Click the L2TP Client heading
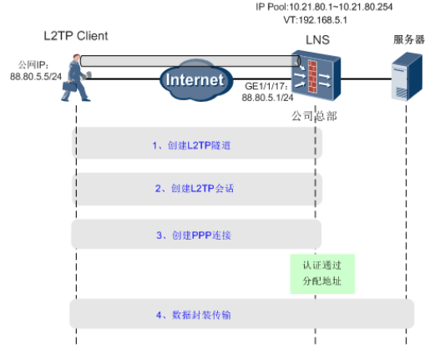[76, 36]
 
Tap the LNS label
[316, 39]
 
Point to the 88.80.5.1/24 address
[268, 97]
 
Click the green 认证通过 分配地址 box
[322, 274]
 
